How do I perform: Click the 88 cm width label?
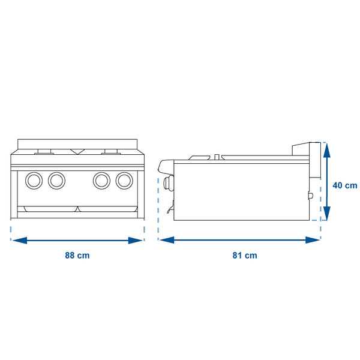pyautogui.click(x=77, y=256)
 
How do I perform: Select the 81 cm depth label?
pyautogui.click(x=244, y=256)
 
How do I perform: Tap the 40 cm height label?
pyautogui.click(x=345, y=185)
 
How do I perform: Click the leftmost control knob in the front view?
pyautogui.click(x=34, y=179)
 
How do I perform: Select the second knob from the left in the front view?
pyautogui.click(x=56, y=179)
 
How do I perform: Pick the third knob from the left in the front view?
pyautogui.click(x=101, y=179)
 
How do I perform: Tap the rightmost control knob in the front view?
pyautogui.click(x=124, y=179)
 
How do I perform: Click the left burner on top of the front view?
pyautogui.click(x=45, y=151)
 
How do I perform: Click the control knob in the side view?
pyautogui.click(x=167, y=183)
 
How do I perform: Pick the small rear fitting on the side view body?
pyautogui.click(x=310, y=196)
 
